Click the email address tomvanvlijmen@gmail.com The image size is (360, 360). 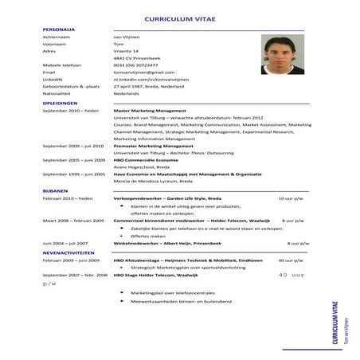pyautogui.click(x=143, y=72)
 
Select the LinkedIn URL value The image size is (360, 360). pyautogui.click(x=151, y=80)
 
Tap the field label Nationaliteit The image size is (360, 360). pyautogui.click(x=57, y=95)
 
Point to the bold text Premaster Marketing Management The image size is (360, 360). pyautogui.click(x=154, y=147)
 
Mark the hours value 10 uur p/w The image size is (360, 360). pyautogui.click(x=290, y=198)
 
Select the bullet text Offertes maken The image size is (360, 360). pyautogui.click(x=148, y=236)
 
